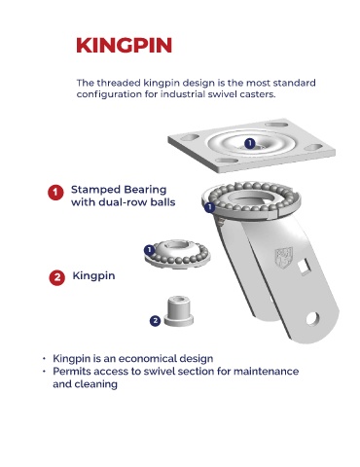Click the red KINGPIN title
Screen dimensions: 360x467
(x=124, y=45)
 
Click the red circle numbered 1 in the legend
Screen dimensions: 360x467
(x=55, y=193)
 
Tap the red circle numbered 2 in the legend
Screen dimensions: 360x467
(x=57, y=277)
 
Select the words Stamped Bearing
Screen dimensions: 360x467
(x=119, y=190)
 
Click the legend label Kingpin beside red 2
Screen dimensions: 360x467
(x=93, y=276)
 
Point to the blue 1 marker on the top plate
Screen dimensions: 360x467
(x=250, y=143)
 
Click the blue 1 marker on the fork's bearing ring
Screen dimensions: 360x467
(x=210, y=207)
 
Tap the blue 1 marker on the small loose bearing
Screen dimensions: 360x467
(x=149, y=250)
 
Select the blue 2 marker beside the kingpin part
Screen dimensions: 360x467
(x=156, y=321)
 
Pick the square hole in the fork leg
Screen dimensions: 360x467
(x=305, y=269)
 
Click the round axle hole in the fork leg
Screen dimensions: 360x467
(x=312, y=318)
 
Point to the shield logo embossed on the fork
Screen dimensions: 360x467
(x=284, y=258)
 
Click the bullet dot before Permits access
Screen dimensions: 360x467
(x=44, y=371)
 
